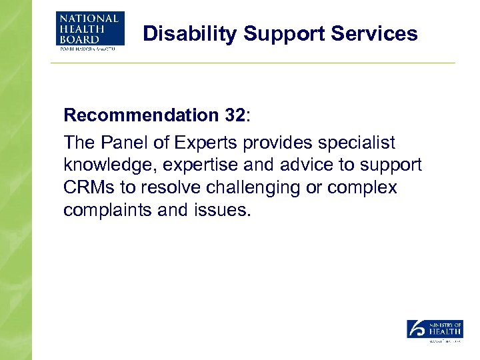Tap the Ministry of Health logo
point(435,329)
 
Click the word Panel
point(119,143)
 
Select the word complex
point(365,188)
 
